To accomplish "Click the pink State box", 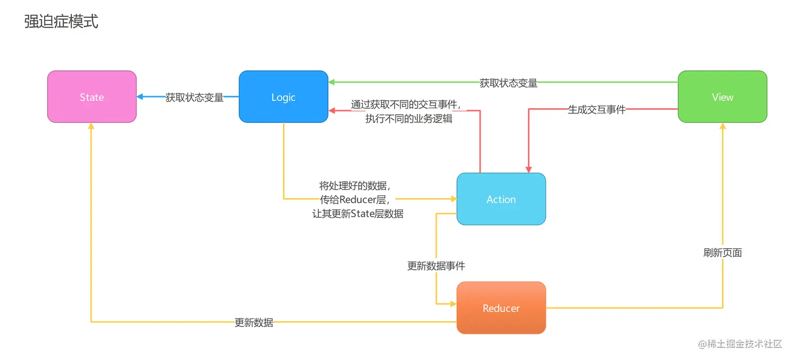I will click(x=92, y=97).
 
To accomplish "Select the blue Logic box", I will click(x=283, y=97).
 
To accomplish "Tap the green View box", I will click(x=722, y=97).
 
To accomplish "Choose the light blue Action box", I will click(x=501, y=199).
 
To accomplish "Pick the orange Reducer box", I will click(x=501, y=308).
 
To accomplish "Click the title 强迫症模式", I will click(x=61, y=22).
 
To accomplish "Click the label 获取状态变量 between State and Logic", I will click(x=195, y=98).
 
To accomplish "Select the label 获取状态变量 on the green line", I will click(x=508, y=83).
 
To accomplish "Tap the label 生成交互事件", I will click(x=597, y=110).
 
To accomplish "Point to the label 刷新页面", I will click(x=722, y=253).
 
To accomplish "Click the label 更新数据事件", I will click(x=436, y=266).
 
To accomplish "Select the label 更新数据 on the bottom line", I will click(x=254, y=323).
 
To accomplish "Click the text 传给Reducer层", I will click(x=357, y=199).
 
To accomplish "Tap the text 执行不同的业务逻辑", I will click(x=409, y=119).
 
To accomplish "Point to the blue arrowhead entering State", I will click(x=140, y=97).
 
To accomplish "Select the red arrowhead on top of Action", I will click(x=528, y=170).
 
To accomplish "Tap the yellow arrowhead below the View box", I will click(x=722, y=126).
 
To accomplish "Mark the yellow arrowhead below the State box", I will click(x=91, y=126).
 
